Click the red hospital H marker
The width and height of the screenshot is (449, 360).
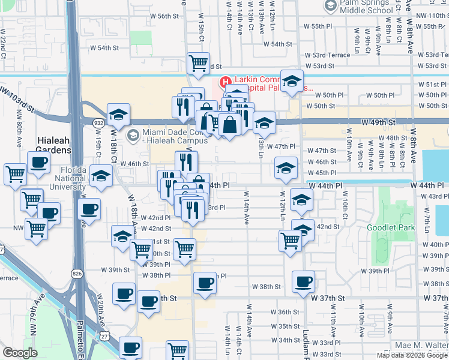pyautogui.click(x=225, y=82)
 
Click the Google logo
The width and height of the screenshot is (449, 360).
pyautogui.click(x=20, y=352)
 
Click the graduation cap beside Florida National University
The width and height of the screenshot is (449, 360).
pyautogui.click(x=101, y=176)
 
